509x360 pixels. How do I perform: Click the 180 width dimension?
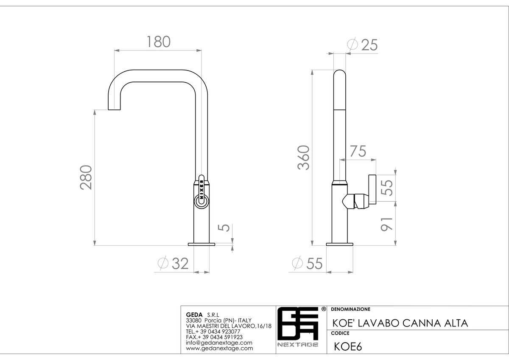158,42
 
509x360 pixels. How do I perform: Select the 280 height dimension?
86,177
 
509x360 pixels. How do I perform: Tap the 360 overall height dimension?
303,157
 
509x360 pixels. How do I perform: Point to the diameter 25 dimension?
362,45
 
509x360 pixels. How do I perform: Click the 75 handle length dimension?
358,151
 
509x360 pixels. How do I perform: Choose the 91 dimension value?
387,224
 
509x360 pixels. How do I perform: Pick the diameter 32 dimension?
173,263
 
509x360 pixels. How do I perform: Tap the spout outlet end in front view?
114,110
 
